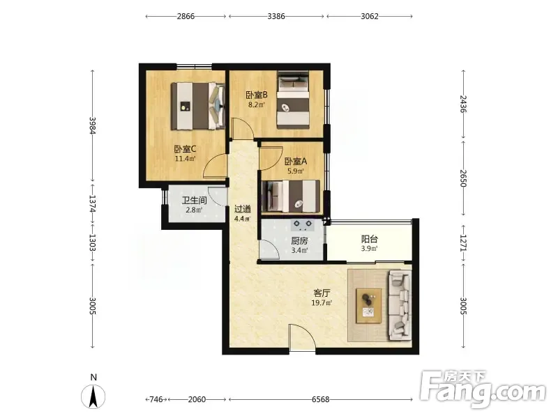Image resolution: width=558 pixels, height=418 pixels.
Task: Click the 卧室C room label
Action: [185, 149]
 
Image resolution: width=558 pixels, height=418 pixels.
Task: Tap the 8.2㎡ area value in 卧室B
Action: [256, 104]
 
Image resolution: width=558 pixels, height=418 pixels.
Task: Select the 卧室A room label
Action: [295, 162]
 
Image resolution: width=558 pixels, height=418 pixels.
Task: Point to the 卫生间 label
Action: [195, 201]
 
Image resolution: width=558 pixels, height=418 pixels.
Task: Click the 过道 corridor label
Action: [242, 209]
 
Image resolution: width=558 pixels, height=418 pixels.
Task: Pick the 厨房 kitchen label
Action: [299, 241]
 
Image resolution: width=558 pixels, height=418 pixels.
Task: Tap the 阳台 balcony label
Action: [370, 239]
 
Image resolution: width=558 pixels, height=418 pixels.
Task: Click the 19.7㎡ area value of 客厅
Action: [322, 303]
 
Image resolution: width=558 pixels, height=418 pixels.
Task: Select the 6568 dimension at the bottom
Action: [320, 399]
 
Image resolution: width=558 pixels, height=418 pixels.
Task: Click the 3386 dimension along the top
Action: [276, 16]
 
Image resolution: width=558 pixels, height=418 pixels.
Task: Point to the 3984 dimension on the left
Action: [93, 125]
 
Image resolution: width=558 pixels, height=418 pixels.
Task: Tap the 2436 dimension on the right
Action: [463, 104]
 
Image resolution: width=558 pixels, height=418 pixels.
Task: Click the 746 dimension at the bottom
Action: [156, 399]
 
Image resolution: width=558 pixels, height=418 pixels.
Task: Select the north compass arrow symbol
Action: [93, 396]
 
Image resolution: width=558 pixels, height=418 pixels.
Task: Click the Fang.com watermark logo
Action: [483, 389]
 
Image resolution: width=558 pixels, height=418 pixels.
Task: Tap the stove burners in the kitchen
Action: [303, 224]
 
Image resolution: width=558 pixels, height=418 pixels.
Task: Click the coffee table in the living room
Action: [369, 305]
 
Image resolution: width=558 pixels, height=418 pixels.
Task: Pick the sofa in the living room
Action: [400, 304]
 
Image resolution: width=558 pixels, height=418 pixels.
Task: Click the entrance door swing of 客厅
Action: [302, 337]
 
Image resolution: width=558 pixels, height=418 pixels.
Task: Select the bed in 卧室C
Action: [198, 107]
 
